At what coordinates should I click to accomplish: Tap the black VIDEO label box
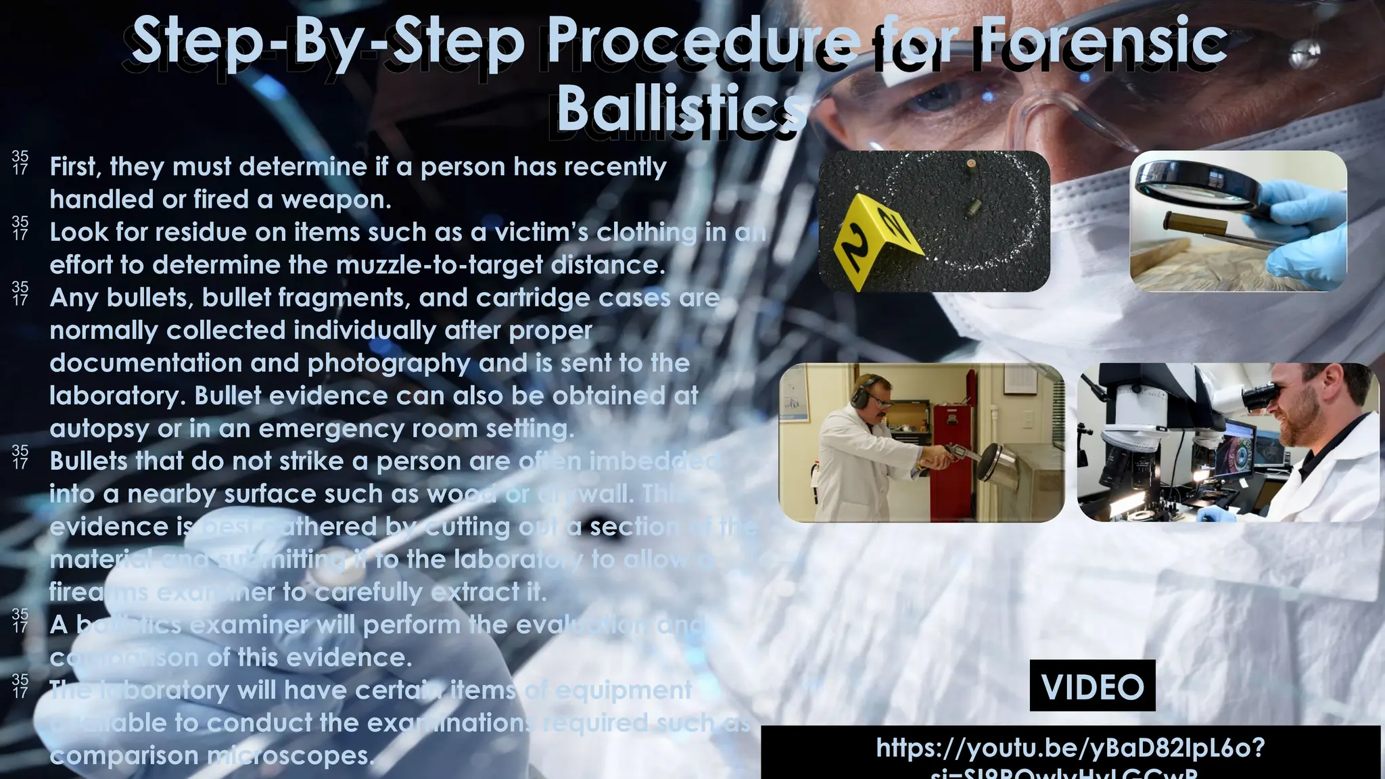(x=1092, y=686)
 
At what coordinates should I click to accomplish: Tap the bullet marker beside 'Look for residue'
(x=20, y=229)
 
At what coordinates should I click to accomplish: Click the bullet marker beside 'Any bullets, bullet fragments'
(x=20, y=294)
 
